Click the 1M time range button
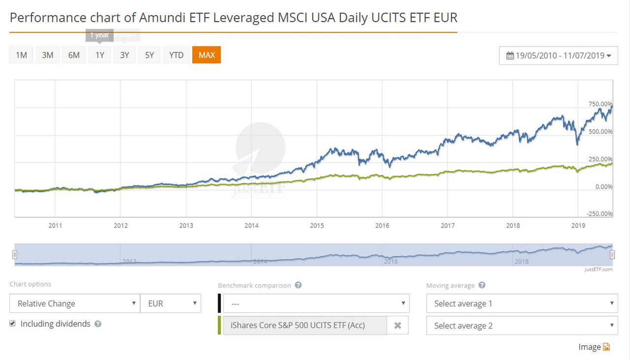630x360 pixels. tap(21, 55)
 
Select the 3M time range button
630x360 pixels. tap(48, 55)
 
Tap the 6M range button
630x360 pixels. tap(74, 55)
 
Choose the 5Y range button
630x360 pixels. tap(150, 55)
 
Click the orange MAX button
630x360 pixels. tap(207, 55)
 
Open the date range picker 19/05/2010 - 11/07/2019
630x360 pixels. tap(559, 56)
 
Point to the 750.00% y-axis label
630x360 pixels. tap(600, 104)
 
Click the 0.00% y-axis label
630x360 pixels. tap(603, 187)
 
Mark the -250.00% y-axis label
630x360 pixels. tap(599, 214)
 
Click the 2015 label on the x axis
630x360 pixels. tap(317, 226)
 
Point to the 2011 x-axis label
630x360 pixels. tap(55, 226)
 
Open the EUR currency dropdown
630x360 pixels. tap(171, 303)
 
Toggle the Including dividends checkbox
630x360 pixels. tap(13, 324)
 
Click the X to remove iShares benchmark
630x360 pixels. tap(398, 326)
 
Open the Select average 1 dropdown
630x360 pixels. tap(522, 303)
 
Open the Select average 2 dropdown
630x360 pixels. tap(522, 326)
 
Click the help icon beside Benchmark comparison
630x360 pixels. tap(298, 285)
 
